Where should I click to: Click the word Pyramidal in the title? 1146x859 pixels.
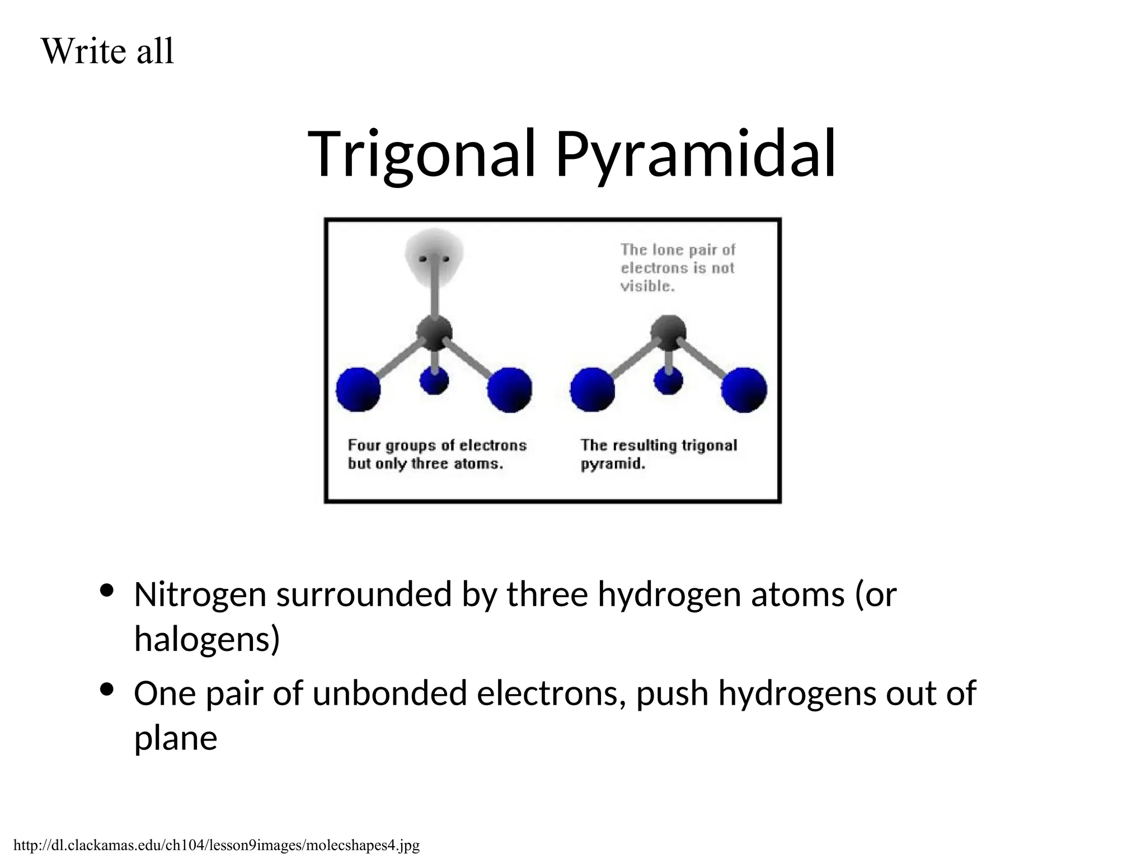696,154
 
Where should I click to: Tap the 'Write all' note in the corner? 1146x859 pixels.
107,51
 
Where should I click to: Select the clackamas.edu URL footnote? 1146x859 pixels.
216,844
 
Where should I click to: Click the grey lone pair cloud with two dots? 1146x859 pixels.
434,259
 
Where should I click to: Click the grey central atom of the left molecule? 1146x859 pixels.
434,333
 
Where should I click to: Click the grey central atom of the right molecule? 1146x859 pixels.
669,332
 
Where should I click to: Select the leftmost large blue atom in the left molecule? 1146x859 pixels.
358,390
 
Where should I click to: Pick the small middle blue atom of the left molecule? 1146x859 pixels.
434,380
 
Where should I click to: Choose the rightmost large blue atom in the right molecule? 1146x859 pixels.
744,390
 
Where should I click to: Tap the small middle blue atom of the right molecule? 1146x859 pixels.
668,380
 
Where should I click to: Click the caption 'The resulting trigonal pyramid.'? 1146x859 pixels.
658,454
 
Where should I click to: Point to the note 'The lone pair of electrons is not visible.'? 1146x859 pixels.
677,268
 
